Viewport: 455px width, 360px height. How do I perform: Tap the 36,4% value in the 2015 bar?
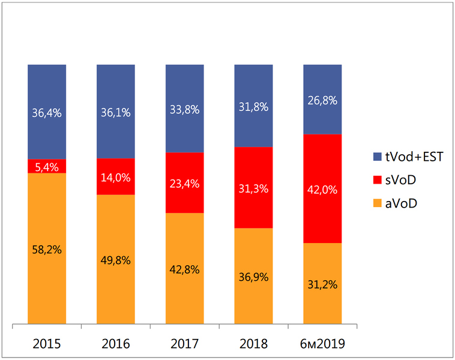[x=47, y=113]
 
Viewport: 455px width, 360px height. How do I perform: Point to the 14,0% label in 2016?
[x=116, y=176]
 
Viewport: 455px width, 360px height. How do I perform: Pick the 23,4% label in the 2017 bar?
[x=184, y=182]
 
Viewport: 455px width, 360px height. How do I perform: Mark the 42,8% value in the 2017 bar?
[x=184, y=269]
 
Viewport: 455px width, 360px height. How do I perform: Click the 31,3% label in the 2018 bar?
[x=253, y=187]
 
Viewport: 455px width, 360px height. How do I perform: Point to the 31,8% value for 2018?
[x=253, y=106]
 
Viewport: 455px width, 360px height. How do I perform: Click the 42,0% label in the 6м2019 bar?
[x=322, y=189]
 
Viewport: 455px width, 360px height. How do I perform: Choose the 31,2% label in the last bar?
[x=322, y=284]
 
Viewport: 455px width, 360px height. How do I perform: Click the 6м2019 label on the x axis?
[x=322, y=345]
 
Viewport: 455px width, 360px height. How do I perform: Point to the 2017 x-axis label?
[x=184, y=345]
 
